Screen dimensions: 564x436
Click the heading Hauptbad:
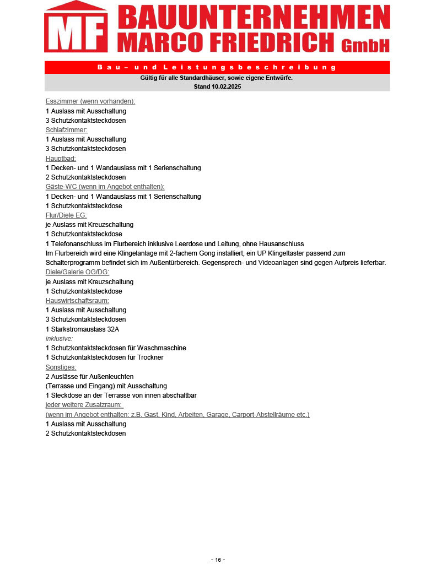pos(61,158)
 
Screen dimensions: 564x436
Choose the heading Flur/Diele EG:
pos(66,215)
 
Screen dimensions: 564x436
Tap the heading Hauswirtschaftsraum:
pos(77,301)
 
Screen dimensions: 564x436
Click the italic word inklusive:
pos(59,339)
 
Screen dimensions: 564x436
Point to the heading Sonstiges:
pos(61,367)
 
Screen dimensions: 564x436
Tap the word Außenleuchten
pos(110,377)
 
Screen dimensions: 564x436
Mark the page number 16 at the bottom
pos(218,560)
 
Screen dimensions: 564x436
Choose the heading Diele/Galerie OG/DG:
pos(77,272)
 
